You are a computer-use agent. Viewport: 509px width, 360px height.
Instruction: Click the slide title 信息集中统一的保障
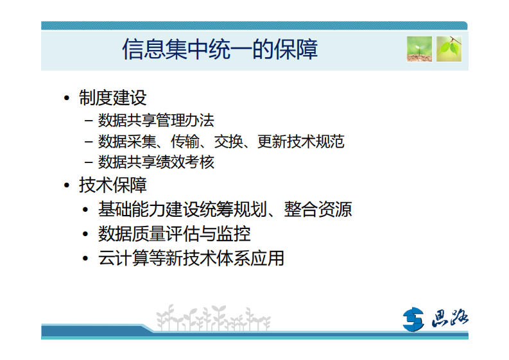click(220, 49)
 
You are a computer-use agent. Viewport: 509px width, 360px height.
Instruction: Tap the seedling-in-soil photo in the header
click(419, 49)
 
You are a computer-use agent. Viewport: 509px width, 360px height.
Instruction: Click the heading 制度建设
click(113, 98)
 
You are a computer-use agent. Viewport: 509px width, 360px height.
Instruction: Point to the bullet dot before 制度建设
click(67, 98)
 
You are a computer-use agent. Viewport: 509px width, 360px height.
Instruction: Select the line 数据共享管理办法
click(156, 120)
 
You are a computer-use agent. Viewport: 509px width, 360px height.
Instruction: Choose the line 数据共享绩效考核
click(156, 162)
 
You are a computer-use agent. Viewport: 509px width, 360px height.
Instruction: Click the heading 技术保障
click(113, 185)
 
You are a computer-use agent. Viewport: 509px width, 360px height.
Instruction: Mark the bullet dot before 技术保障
click(67, 186)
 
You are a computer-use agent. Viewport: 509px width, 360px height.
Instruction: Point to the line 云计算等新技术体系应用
click(191, 258)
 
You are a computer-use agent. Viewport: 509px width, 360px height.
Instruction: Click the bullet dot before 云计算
click(85, 259)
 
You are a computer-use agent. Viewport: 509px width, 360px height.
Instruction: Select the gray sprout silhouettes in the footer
click(212, 318)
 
